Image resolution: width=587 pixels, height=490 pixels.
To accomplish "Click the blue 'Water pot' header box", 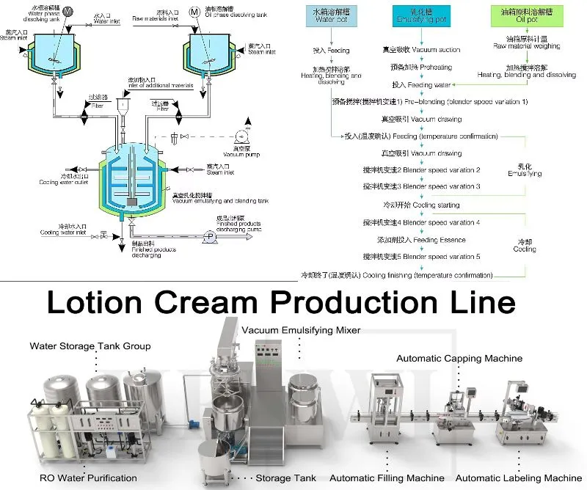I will pos(329,16).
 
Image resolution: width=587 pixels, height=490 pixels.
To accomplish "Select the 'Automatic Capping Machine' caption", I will pos(459,359).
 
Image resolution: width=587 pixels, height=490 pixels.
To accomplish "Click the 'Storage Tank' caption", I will pos(286,478).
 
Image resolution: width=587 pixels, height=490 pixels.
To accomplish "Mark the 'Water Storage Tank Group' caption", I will pos(90,345).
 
